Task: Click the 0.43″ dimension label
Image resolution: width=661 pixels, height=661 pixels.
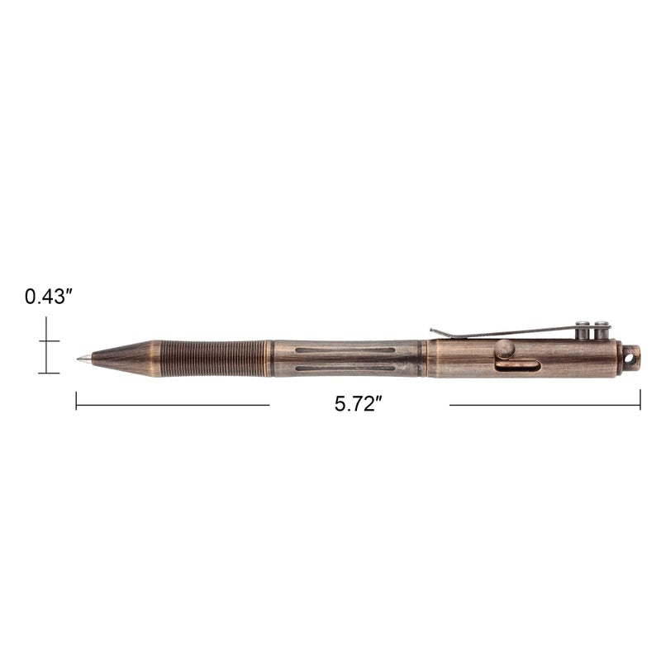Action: coord(50,297)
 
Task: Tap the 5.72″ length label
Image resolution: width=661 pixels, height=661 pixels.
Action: coord(359,405)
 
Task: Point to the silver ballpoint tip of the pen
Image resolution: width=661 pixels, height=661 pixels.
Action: coord(82,359)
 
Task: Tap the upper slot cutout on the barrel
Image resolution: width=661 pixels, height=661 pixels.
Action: coord(335,349)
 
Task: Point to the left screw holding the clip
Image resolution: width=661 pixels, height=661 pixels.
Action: coord(585,330)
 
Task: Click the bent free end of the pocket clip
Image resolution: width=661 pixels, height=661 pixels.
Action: coord(435,332)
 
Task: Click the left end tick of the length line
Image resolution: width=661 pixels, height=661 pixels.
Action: coord(76,401)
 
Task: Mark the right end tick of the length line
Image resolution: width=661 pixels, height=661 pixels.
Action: coord(640,401)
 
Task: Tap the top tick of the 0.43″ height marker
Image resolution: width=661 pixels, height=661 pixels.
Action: coord(48,340)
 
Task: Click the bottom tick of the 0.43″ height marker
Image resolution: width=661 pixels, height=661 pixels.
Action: coord(48,373)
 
